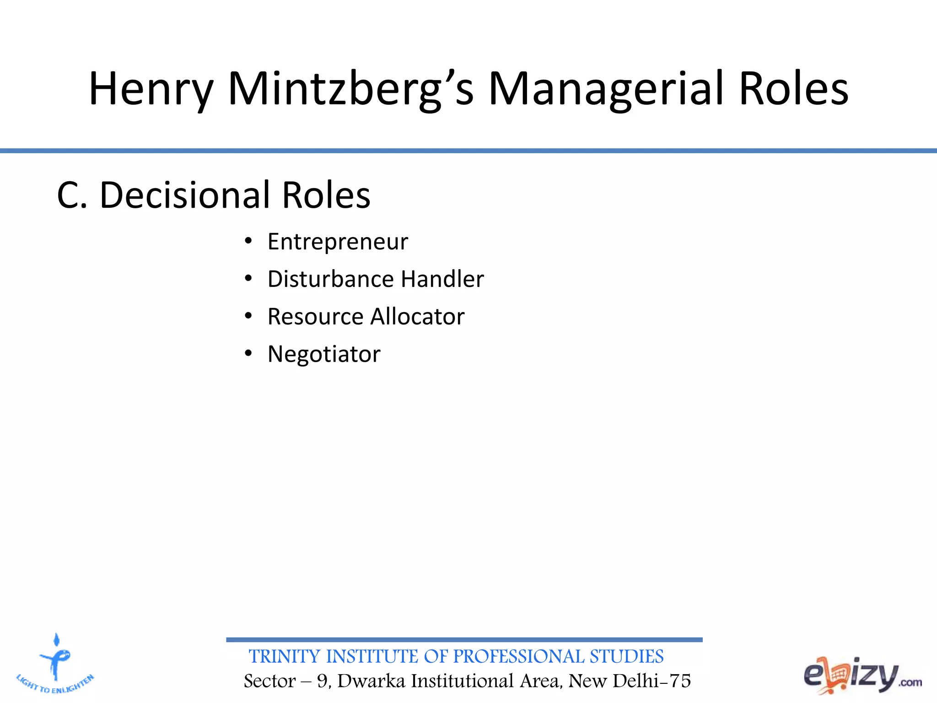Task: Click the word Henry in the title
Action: pos(151,89)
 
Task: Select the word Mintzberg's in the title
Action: pos(350,89)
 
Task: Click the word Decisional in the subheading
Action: pos(184,195)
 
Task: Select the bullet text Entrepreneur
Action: pos(338,242)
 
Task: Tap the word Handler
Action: pos(442,279)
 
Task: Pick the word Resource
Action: pos(315,317)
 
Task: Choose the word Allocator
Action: pos(417,317)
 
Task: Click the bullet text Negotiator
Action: pos(324,354)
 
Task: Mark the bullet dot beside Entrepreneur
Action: pos(248,241)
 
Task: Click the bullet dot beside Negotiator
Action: pos(248,353)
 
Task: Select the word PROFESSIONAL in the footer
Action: pos(518,657)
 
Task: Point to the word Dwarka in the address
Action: pos(372,681)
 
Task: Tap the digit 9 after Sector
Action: pos(323,681)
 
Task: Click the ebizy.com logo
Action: pos(862,675)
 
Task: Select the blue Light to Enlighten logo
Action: pos(55,664)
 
